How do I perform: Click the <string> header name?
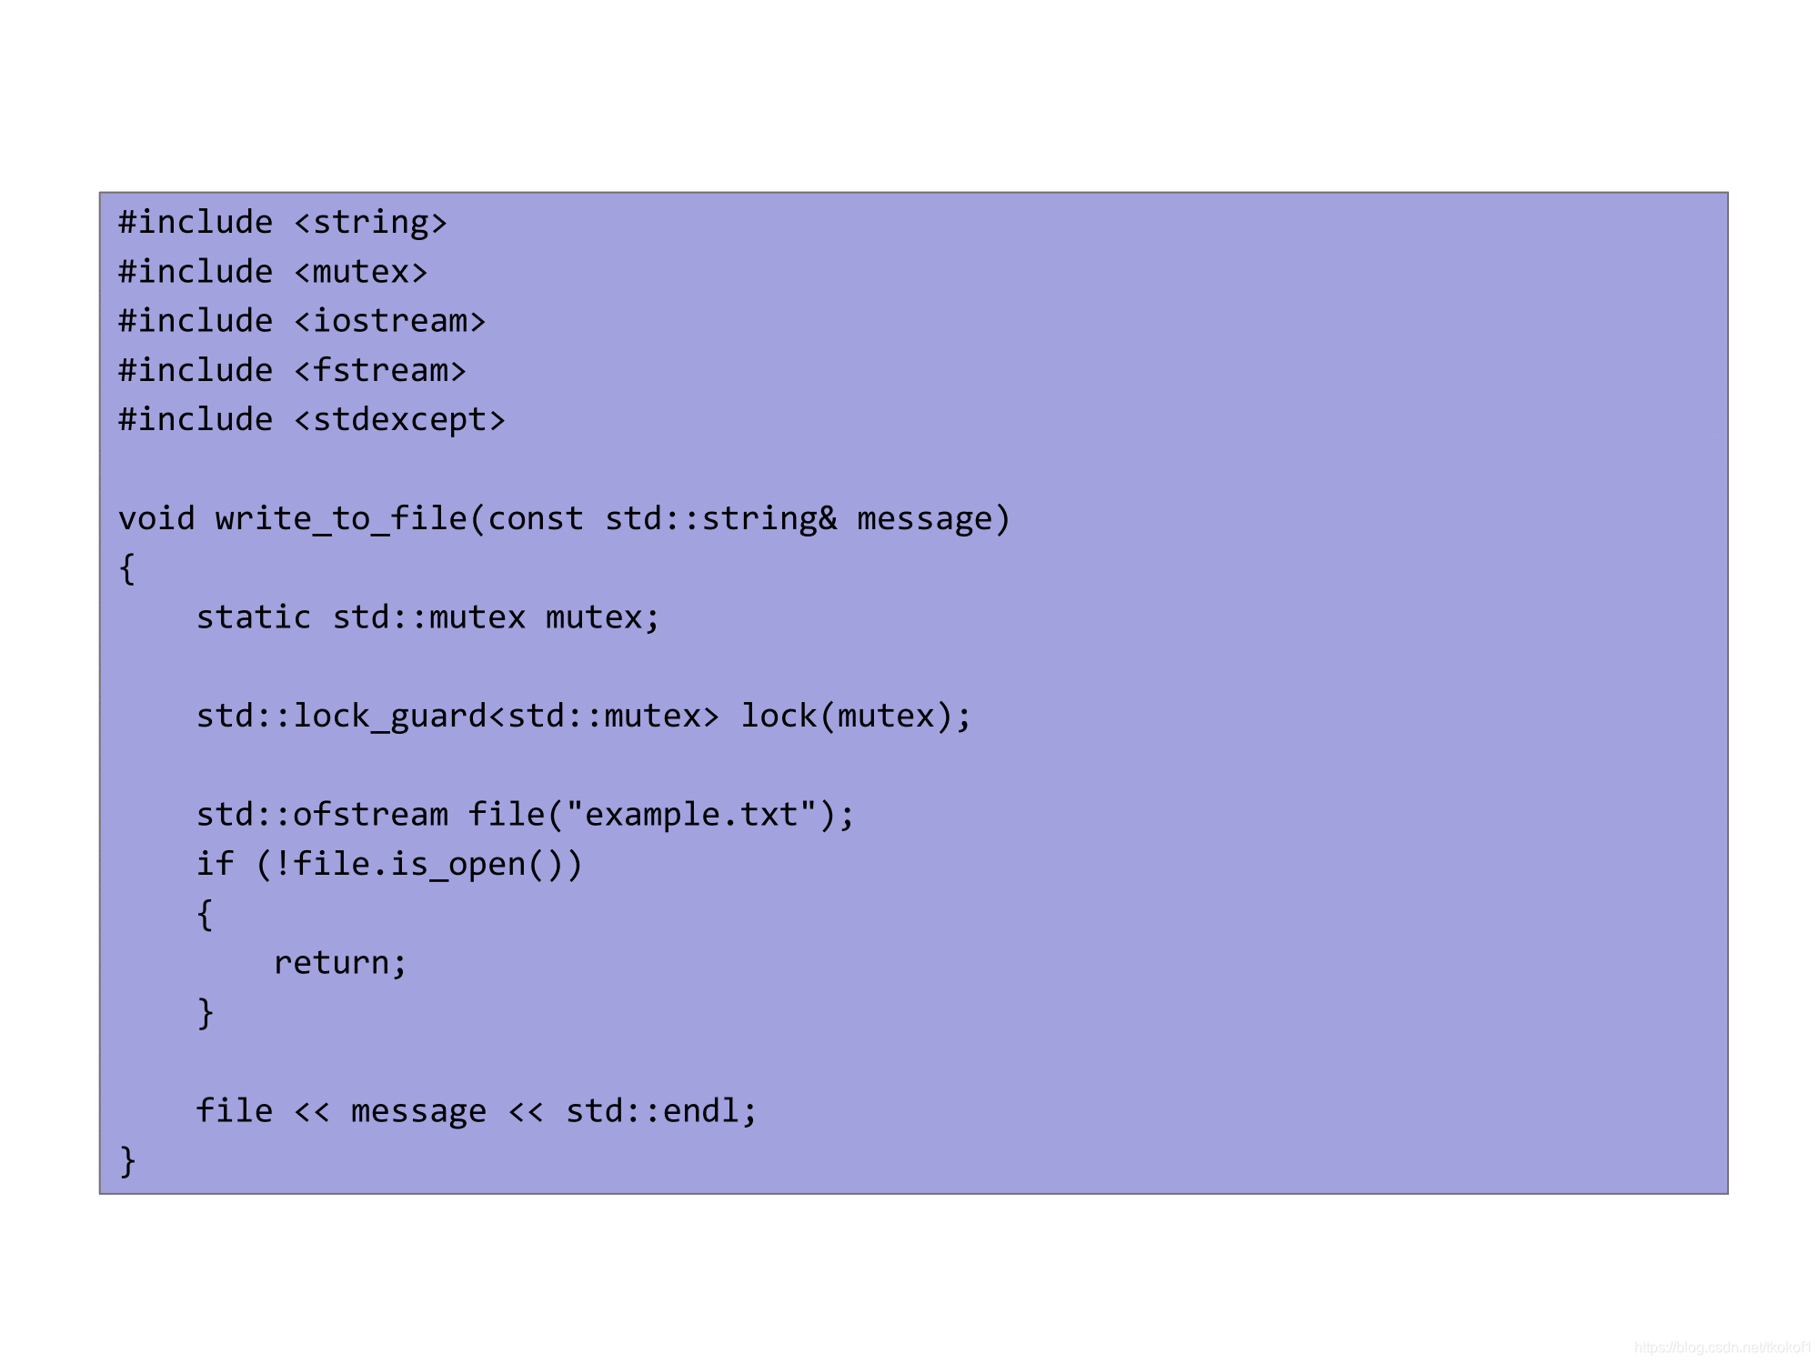(370, 223)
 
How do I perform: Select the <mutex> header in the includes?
(360, 272)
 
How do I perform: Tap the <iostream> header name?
(389, 321)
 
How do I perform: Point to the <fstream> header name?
(379, 371)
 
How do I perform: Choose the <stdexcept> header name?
(399, 420)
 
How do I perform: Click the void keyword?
(156, 518)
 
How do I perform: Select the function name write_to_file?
(341, 518)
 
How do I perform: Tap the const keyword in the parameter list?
(535, 518)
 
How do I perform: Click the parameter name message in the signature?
(924, 518)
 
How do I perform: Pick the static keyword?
(254, 617)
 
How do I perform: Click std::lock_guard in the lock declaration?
(341, 717)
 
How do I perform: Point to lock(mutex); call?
(856, 717)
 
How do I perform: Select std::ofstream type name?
(322, 815)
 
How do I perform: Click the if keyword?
(215, 864)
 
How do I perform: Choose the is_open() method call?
(487, 864)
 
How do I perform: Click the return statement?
(339, 963)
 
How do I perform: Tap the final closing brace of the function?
(127, 1161)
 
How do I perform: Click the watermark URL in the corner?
(1722, 1348)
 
